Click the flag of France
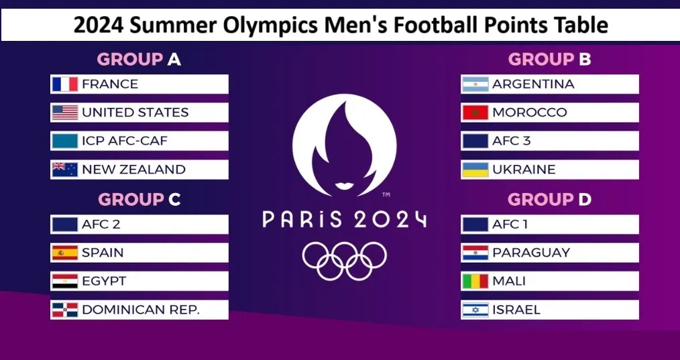[x=65, y=84]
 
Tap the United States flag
[x=65, y=113]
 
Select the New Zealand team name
[x=133, y=170]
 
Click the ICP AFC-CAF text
[x=125, y=141]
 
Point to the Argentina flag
[x=475, y=84]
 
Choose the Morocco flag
[x=475, y=113]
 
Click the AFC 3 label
[x=511, y=141]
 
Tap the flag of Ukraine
[x=475, y=170]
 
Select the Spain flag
[x=65, y=253]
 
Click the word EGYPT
[x=104, y=281]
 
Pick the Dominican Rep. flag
[x=65, y=310]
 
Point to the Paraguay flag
[x=475, y=253]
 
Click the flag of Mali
[x=475, y=281]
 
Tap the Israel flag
[x=475, y=310]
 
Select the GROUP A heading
[x=139, y=59]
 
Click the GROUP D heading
[x=549, y=200]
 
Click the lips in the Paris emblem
[x=345, y=186]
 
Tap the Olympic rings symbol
[x=344, y=261]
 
